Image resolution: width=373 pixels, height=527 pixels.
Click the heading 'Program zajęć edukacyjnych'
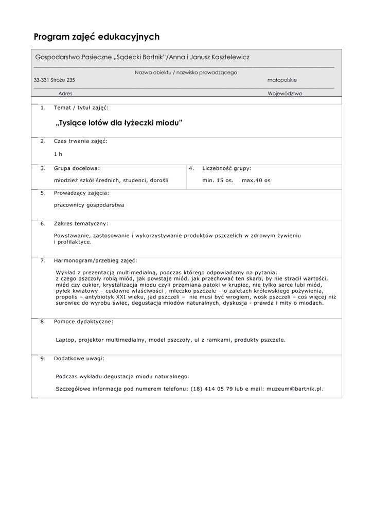click(97, 37)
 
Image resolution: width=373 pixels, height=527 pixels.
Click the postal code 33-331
click(42, 80)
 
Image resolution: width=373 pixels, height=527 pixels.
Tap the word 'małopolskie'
click(282, 80)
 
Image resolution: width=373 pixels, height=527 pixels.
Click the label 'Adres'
click(65, 94)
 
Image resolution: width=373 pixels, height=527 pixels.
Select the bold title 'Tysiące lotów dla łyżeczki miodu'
click(119, 124)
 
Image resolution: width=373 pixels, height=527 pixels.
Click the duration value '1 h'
click(58, 154)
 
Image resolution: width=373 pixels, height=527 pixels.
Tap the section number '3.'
click(43, 168)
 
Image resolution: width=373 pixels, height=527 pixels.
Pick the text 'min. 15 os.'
click(218, 181)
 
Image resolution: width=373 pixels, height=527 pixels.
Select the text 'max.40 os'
click(256, 181)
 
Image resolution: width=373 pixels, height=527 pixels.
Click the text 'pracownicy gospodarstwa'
click(89, 205)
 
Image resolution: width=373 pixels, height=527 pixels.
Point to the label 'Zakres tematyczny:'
click(81, 224)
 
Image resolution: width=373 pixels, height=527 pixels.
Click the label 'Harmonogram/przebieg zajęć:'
click(96, 260)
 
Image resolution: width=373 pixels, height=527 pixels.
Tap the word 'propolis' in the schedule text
click(66, 297)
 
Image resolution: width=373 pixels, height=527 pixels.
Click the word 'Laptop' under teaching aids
click(65, 340)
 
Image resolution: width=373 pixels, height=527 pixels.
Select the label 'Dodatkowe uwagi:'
click(79, 358)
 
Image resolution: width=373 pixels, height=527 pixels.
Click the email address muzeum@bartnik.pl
click(294, 389)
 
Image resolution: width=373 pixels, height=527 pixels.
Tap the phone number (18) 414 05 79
click(212, 389)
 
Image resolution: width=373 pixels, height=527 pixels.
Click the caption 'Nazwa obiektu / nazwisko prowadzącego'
click(186, 73)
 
